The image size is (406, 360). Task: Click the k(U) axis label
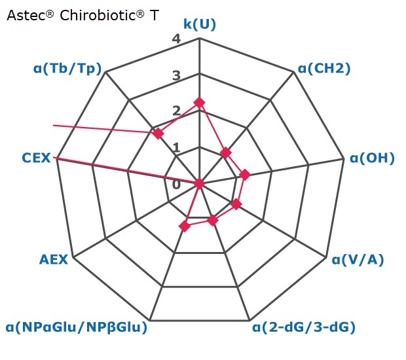coord(200,24)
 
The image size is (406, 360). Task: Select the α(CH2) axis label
coord(324,68)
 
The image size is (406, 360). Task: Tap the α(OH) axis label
coord(372,158)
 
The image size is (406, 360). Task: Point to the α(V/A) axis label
coord(358,259)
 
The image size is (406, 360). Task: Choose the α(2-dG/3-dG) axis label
coord(304,327)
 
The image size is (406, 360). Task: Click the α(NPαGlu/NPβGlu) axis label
coord(77,327)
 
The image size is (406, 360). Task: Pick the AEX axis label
coord(54,259)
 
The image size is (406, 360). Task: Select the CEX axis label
coord(36,158)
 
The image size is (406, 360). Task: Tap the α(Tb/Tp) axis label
coord(67,68)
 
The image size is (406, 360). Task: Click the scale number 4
coord(176,39)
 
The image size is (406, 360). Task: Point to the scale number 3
coord(176,75)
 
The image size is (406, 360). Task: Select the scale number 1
coord(177,147)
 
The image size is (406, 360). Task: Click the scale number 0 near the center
coord(176,185)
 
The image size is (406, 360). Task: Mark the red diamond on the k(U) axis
coord(199,103)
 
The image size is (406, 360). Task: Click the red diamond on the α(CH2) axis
coord(226,153)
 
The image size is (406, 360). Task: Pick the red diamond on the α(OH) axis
coord(245,175)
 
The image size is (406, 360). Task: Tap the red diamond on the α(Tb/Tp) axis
coord(158,134)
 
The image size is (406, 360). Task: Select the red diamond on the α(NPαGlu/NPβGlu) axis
coord(185,226)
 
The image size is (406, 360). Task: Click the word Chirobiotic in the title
coord(99,15)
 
